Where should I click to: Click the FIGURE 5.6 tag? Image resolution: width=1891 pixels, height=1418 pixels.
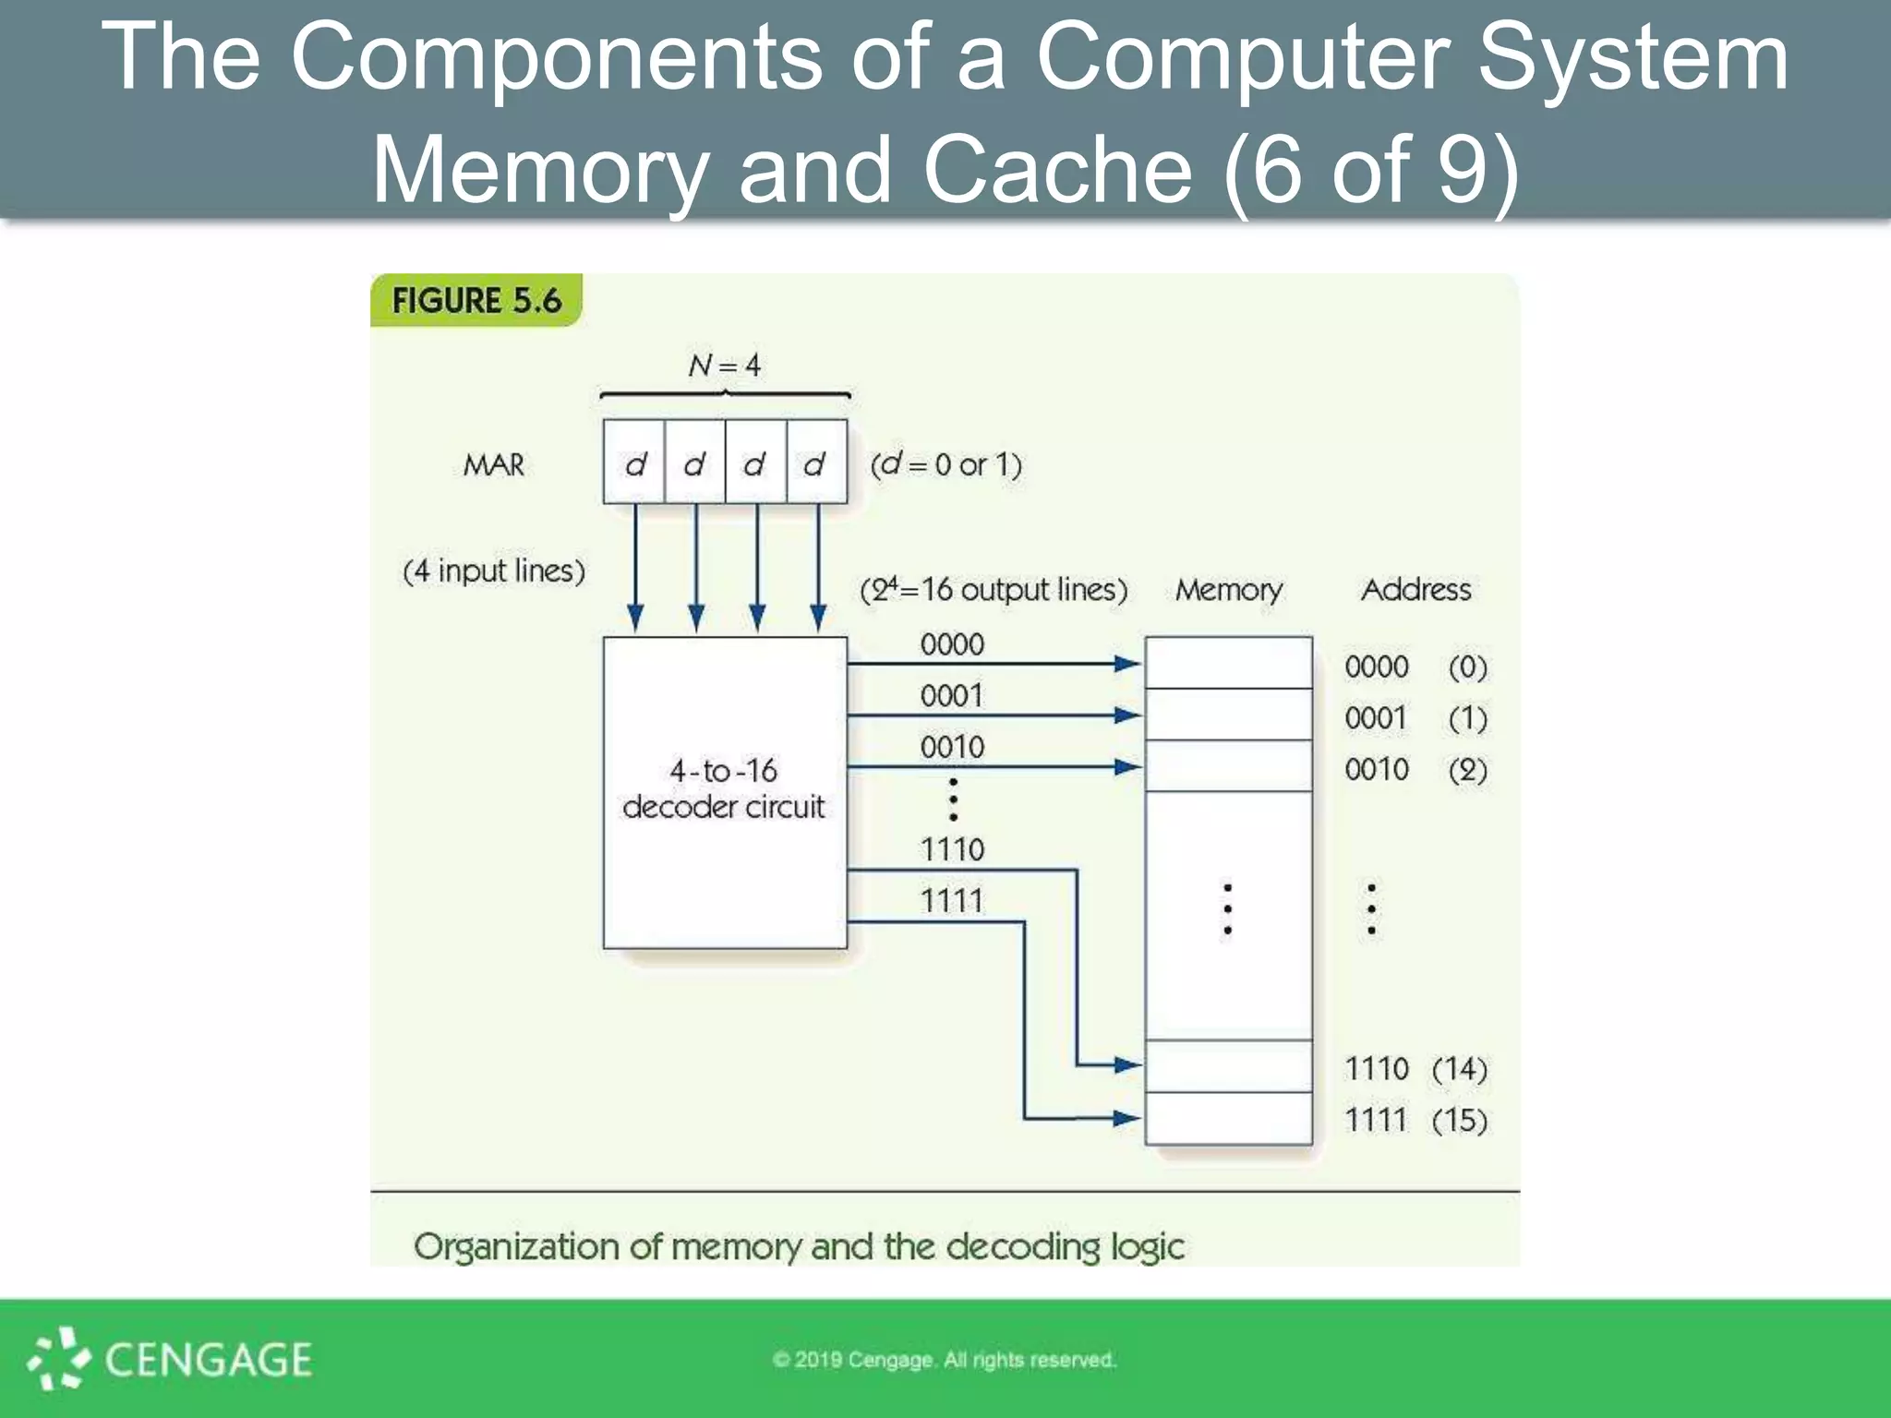click(x=476, y=301)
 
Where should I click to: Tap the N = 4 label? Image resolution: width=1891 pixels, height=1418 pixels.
click(x=724, y=366)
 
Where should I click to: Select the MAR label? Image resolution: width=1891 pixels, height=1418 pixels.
click(x=493, y=464)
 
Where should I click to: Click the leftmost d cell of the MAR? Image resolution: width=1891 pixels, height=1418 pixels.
click(x=634, y=463)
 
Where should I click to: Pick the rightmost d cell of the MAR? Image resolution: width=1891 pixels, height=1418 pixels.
click(x=816, y=463)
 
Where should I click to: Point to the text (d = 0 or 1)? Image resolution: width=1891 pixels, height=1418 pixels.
click(x=945, y=464)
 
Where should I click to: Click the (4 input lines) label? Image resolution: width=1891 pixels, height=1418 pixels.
click(x=494, y=571)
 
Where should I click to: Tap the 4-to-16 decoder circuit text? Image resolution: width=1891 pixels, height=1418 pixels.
click(x=724, y=788)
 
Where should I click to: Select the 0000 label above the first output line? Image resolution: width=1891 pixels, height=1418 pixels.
click(x=952, y=644)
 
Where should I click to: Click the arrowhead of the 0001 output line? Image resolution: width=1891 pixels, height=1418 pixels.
click(x=1127, y=715)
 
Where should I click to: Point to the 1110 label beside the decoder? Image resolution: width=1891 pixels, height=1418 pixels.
click(x=952, y=849)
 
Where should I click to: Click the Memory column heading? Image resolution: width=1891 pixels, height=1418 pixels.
click(x=1228, y=590)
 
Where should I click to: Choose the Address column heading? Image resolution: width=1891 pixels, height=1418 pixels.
click(x=1415, y=590)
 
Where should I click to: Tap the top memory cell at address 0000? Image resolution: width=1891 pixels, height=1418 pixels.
click(x=1228, y=663)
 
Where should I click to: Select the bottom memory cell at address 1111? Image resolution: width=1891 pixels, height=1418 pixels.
click(x=1228, y=1118)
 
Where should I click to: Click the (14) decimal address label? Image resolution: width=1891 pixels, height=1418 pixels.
click(x=1459, y=1069)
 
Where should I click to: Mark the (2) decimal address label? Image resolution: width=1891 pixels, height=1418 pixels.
click(x=1467, y=770)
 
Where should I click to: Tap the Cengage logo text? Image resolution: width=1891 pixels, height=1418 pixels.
click(x=208, y=1360)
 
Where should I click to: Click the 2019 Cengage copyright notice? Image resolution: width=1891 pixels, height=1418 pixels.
click(x=945, y=1360)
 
